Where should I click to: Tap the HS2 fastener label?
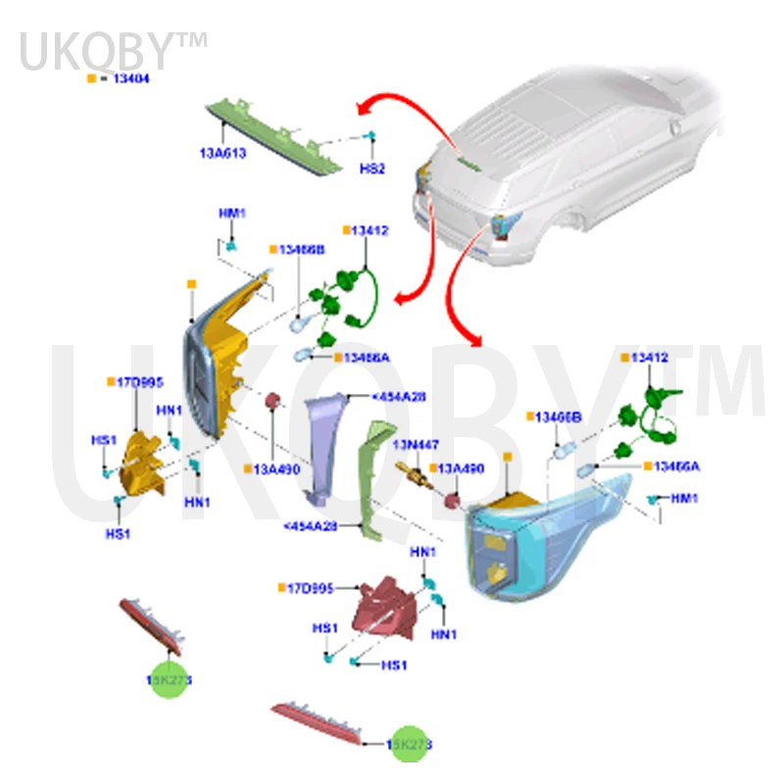click(371, 168)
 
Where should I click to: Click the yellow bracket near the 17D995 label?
click(143, 460)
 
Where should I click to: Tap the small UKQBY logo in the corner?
click(113, 51)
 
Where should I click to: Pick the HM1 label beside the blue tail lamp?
click(684, 499)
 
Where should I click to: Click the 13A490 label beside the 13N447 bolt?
click(461, 469)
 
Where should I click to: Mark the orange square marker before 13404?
click(91, 76)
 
